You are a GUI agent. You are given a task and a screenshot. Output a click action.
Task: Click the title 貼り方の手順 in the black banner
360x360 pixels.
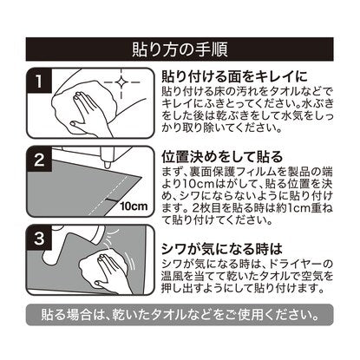(180, 49)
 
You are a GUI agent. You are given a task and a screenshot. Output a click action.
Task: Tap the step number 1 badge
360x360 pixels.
(38, 81)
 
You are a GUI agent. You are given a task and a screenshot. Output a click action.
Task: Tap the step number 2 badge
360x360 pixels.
(38, 160)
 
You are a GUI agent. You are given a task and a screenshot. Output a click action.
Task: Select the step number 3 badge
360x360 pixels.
(38, 239)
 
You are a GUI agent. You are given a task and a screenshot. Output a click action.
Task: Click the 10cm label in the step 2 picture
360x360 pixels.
(134, 206)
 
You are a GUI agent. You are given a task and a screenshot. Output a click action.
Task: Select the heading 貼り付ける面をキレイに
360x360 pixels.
(234, 76)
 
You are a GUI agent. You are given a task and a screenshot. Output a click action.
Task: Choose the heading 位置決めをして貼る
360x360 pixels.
(221, 157)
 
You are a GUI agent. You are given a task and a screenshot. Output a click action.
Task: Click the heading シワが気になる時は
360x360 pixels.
(222, 249)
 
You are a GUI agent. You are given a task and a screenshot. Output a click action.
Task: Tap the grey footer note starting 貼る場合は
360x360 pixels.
(180, 314)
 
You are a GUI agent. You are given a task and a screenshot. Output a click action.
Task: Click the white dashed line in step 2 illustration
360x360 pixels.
(108, 196)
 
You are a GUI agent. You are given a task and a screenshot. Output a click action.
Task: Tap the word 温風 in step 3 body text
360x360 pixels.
(173, 276)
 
